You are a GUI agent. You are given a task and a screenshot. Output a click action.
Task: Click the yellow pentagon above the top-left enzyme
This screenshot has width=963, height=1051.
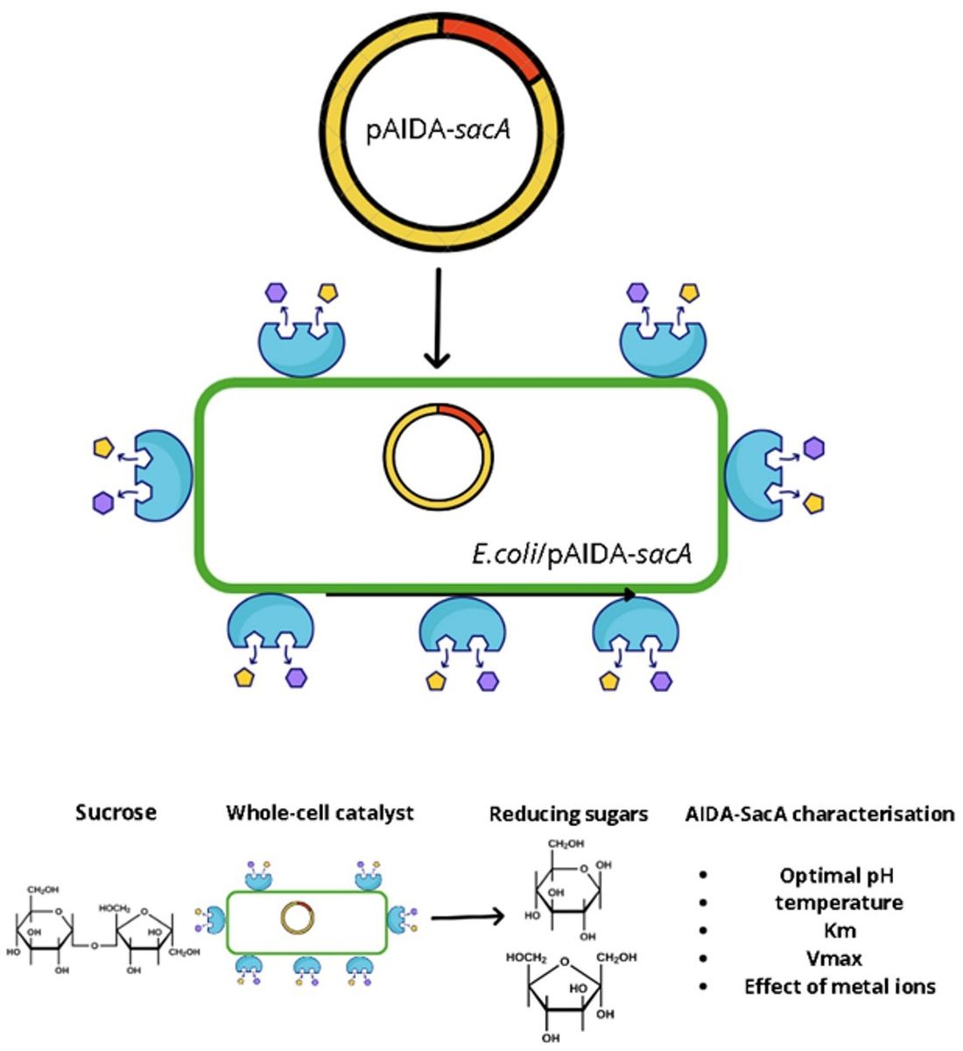click(327, 293)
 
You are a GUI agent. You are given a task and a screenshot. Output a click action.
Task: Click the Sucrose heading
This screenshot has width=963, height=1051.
click(116, 812)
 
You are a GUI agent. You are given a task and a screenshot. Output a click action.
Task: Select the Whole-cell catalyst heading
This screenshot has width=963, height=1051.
click(320, 812)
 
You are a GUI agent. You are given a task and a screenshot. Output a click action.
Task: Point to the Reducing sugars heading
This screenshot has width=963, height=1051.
click(568, 814)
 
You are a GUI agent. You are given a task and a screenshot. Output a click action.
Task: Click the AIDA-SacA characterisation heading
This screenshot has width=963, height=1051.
click(819, 814)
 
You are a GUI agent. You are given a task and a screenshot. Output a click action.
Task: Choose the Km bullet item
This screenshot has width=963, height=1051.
click(838, 930)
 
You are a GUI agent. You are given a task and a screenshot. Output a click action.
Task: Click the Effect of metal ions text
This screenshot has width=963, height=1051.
click(840, 986)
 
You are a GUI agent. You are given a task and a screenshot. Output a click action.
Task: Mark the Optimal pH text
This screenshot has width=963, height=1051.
click(836, 875)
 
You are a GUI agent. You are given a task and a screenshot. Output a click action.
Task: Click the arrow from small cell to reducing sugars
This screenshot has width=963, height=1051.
click(468, 918)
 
